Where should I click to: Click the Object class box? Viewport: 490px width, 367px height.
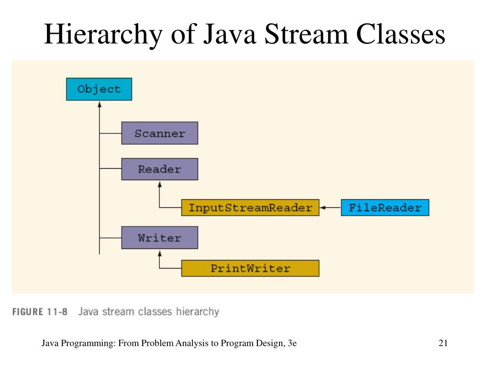pyautogui.click(x=99, y=89)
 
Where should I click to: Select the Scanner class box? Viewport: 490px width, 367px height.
pyautogui.click(x=159, y=133)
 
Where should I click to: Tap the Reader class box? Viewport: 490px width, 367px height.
pyautogui.click(x=159, y=169)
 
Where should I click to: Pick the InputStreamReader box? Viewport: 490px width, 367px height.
pyautogui.click(x=250, y=208)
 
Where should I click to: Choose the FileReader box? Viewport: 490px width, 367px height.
pyautogui.click(x=385, y=208)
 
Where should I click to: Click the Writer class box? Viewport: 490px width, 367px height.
pyautogui.click(x=159, y=237)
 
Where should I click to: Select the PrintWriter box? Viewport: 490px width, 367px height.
pyautogui.click(x=250, y=268)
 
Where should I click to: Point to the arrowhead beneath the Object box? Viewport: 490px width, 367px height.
pyautogui.click(x=99, y=104)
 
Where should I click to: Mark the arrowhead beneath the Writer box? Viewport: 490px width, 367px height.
pyautogui.click(x=159, y=252)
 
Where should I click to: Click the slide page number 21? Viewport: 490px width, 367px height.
pyautogui.click(x=443, y=343)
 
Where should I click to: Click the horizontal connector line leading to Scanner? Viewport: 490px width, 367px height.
pyautogui.click(x=110, y=133)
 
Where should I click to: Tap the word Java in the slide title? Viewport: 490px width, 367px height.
pyautogui.click(x=221, y=36)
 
